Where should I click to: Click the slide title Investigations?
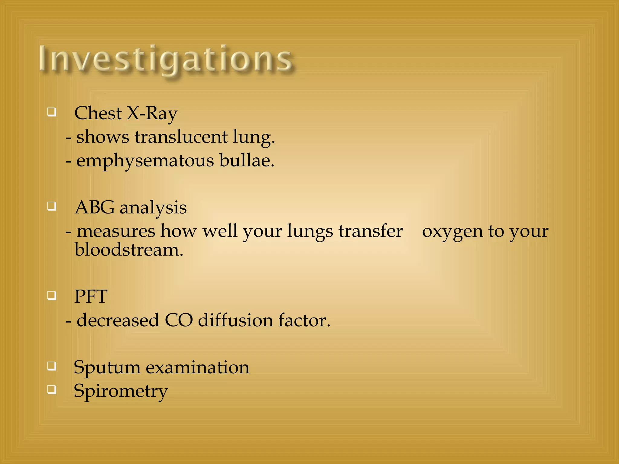(x=166, y=59)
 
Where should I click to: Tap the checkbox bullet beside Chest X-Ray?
(x=52, y=112)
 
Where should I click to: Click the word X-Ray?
(x=152, y=114)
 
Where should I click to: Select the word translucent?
(x=181, y=137)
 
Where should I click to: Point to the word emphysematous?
(x=145, y=161)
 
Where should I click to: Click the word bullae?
(x=246, y=160)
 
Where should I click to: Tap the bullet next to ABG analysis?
(x=52, y=207)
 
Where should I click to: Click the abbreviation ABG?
(x=95, y=208)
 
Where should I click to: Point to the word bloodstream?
(x=129, y=250)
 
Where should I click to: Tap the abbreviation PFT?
(x=91, y=296)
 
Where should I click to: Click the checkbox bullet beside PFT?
(x=52, y=295)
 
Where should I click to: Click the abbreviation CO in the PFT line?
(x=179, y=320)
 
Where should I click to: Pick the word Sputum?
(x=107, y=368)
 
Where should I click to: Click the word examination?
(x=198, y=367)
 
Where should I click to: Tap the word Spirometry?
(x=121, y=391)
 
